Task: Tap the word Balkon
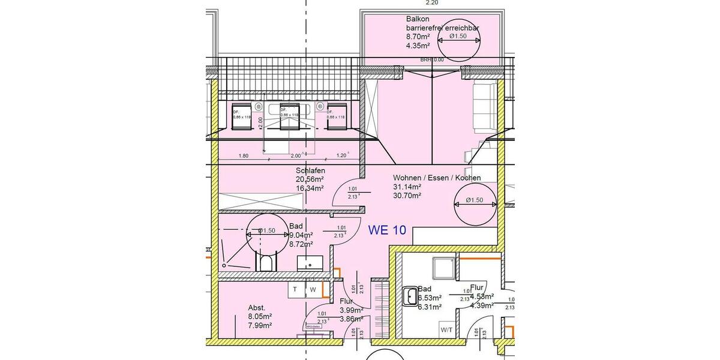(418, 19)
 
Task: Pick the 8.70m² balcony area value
(418, 37)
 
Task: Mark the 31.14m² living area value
(406, 187)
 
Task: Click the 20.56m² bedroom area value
(310, 179)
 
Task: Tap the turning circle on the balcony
(459, 37)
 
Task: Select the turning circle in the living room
(475, 200)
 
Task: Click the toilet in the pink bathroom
(266, 262)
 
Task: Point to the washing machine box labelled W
(313, 290)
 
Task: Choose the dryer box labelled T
(295, 290)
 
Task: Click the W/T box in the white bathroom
(446, 329)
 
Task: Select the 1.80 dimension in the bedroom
(244, 156)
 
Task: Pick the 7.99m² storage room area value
(260, 325)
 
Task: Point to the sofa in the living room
(484, 108)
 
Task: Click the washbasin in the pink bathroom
(310, 263)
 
